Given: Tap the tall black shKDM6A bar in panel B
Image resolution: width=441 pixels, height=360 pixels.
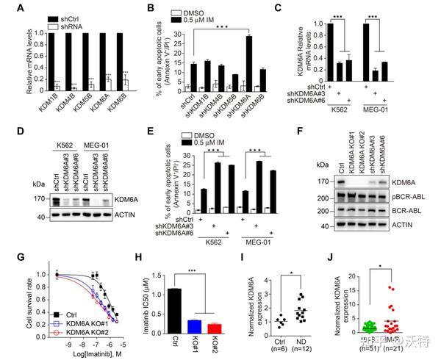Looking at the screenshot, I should [248, 63].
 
